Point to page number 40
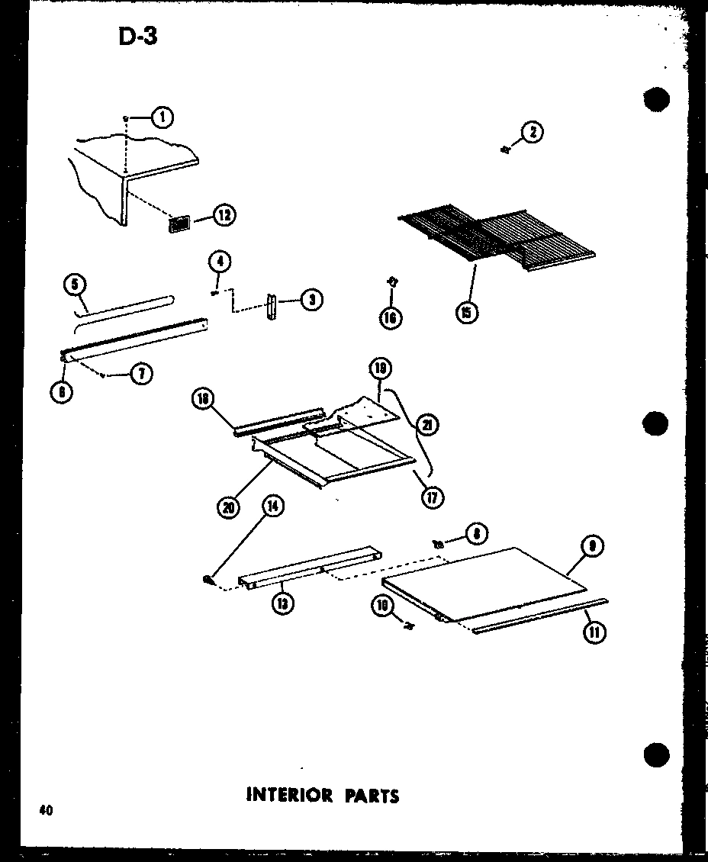(45, 811)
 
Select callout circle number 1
(162, 117)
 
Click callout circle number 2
(533, 133)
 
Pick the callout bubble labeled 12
(223, 216)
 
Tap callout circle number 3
(311, 300)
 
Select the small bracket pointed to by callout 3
(271, 308)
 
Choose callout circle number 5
(74, 285)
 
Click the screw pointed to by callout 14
(208, 581)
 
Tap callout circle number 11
(594, 632)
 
